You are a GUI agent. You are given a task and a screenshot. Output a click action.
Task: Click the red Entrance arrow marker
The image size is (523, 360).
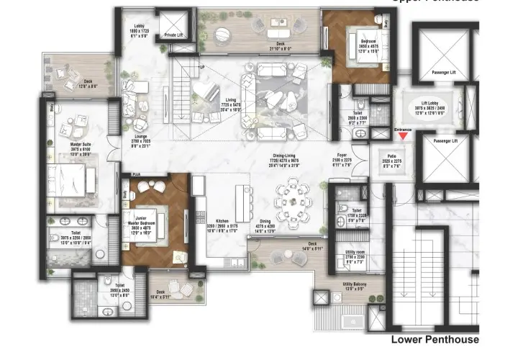click(404, 135)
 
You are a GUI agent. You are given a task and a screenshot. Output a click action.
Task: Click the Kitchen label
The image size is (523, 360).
click(222, 221)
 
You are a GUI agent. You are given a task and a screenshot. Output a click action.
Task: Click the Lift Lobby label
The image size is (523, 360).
click(434, 104)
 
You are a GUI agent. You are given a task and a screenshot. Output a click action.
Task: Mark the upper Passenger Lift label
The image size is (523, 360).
click(442, 72)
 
